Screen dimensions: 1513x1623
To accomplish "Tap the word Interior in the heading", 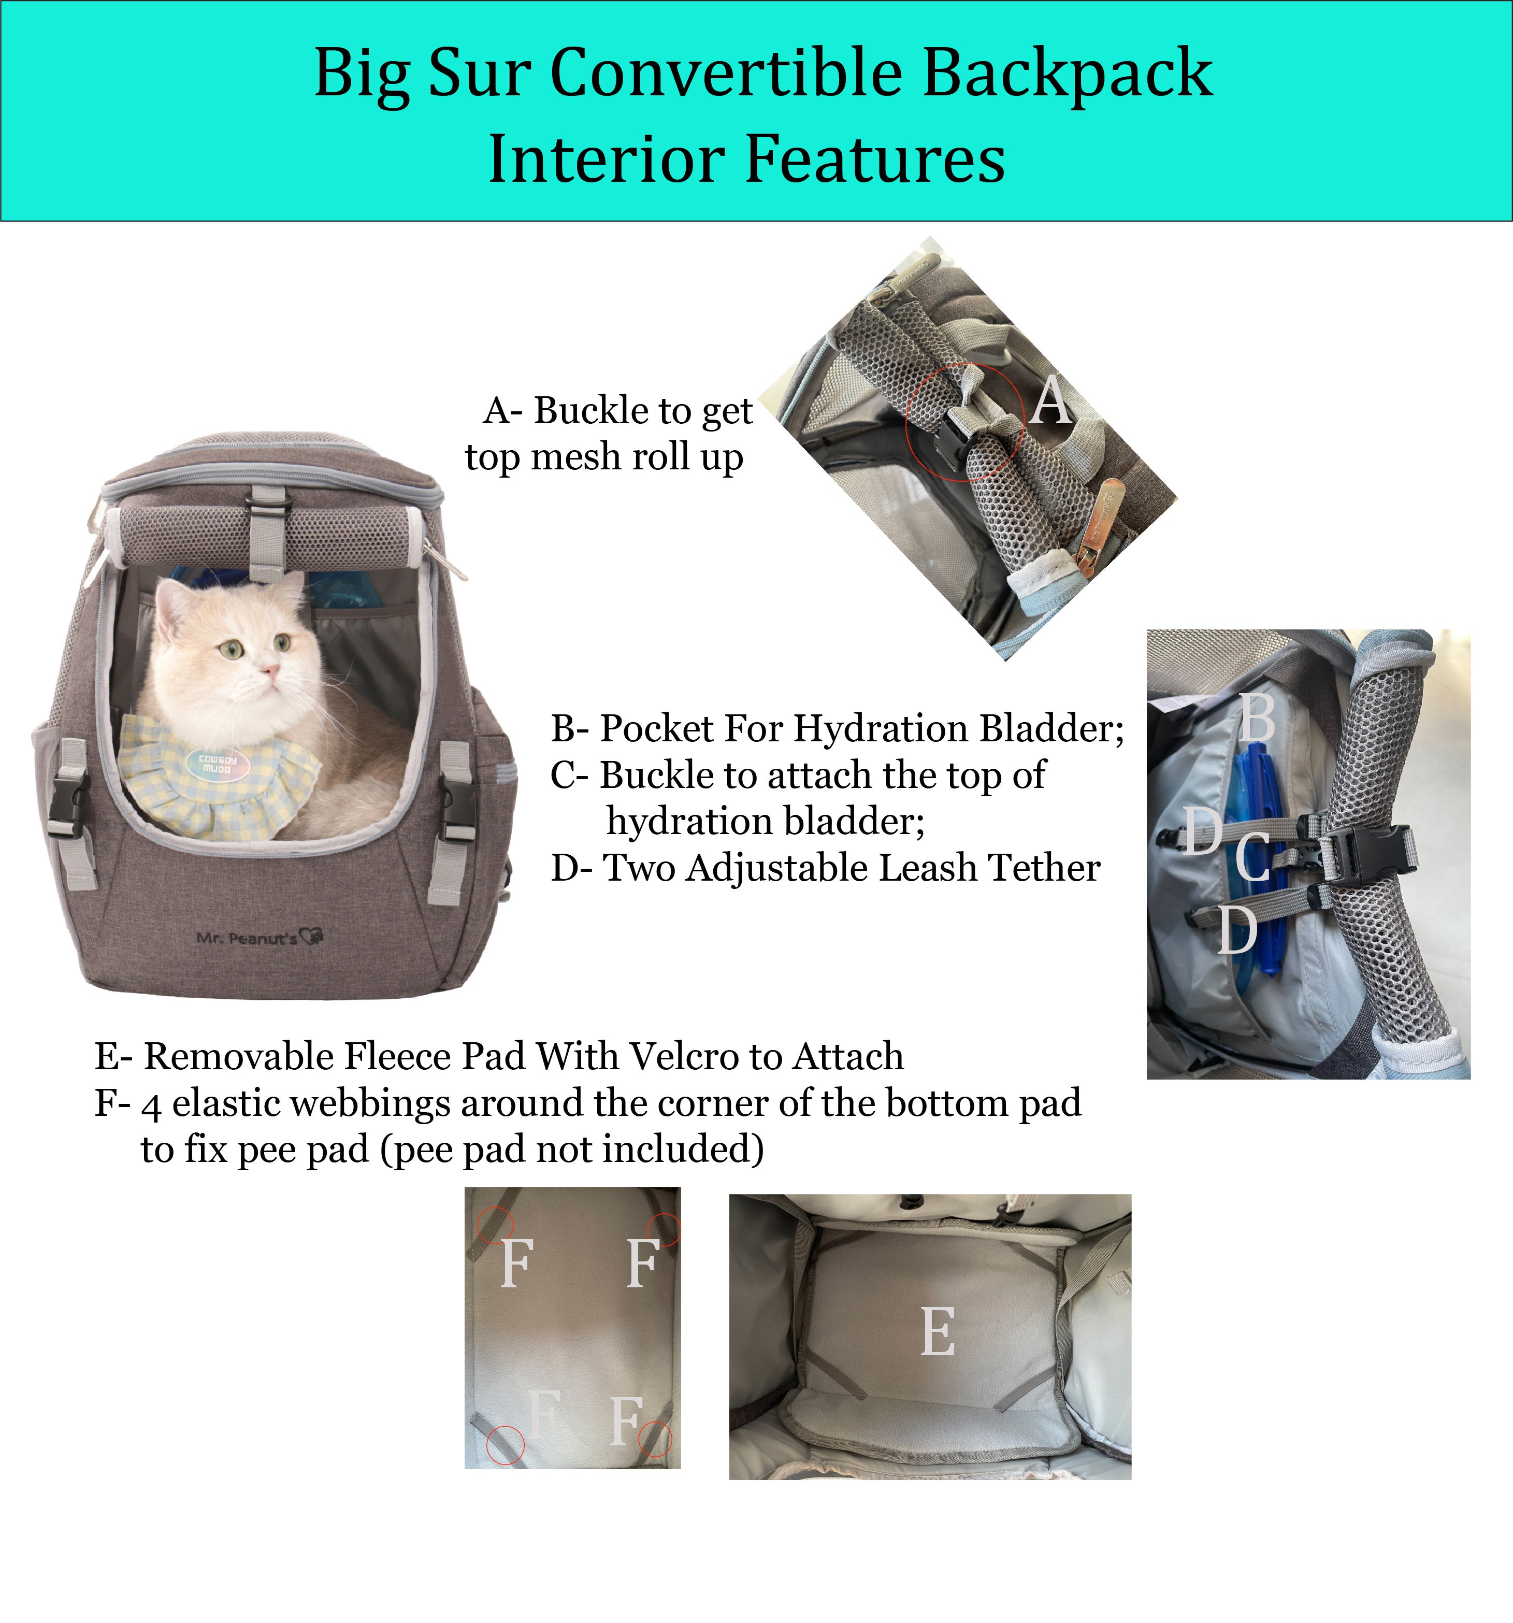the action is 608,159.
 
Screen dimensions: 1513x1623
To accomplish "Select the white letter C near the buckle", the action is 1252,857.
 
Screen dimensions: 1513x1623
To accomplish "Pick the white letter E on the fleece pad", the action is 938,1331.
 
